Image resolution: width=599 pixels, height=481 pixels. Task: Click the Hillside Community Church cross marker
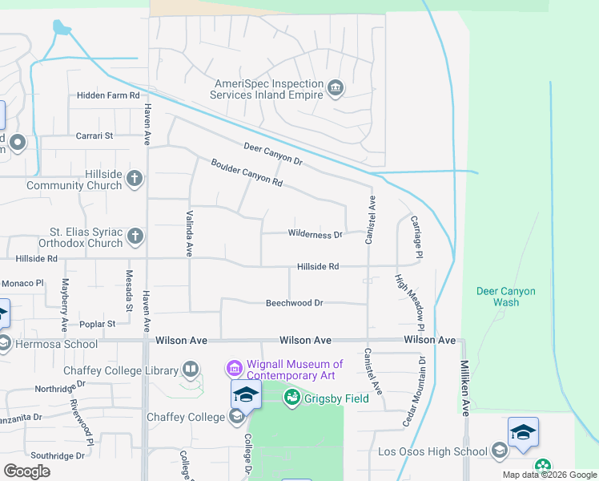[135, 178]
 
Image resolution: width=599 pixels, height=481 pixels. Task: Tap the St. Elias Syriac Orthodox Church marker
[135, 236]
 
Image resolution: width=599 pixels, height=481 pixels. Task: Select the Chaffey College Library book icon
[191, 370]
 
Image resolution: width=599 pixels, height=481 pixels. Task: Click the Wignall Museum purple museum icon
[234, 369]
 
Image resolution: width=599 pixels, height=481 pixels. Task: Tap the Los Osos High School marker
[500, 451]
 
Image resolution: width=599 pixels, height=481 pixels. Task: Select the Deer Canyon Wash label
[506, 297]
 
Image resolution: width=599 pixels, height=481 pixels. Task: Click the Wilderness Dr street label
[316, 235]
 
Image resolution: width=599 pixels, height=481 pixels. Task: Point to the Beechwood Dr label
[295, 303]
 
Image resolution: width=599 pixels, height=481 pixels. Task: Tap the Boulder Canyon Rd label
[247, 172]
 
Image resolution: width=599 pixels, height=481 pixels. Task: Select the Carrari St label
[95, 136]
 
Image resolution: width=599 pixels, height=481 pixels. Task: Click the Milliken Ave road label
[464, 388]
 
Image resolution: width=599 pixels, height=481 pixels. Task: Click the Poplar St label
[98, 324]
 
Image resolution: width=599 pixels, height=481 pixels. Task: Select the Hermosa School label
[48, 344]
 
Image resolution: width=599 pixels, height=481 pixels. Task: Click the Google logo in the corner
[27, 471]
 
